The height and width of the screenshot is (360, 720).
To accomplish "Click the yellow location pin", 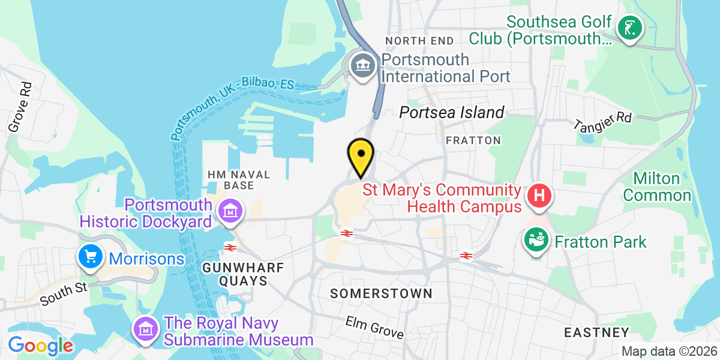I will coord(361,155).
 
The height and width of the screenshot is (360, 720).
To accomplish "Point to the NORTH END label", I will coord(420,40).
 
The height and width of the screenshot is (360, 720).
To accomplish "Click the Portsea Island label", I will coord(452,112).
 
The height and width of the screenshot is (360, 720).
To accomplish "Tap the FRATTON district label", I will coord(473,140).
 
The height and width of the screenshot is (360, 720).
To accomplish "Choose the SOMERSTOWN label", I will coord(382,293).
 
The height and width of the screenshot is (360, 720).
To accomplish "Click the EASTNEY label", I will coord(596,332).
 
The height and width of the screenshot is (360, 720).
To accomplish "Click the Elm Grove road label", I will coord(374,328).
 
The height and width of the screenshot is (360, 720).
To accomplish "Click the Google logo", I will coord(40,346).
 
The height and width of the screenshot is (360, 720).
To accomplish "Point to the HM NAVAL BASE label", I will coord(239,179).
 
